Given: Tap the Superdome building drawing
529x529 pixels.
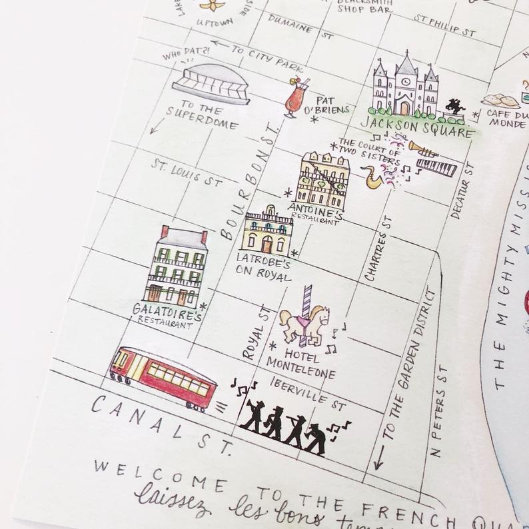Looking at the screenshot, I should [x=211, y=83].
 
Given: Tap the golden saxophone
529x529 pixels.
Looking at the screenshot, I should [x=372, y=176].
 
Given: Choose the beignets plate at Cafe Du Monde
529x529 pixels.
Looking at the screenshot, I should [x=503, y=100].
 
